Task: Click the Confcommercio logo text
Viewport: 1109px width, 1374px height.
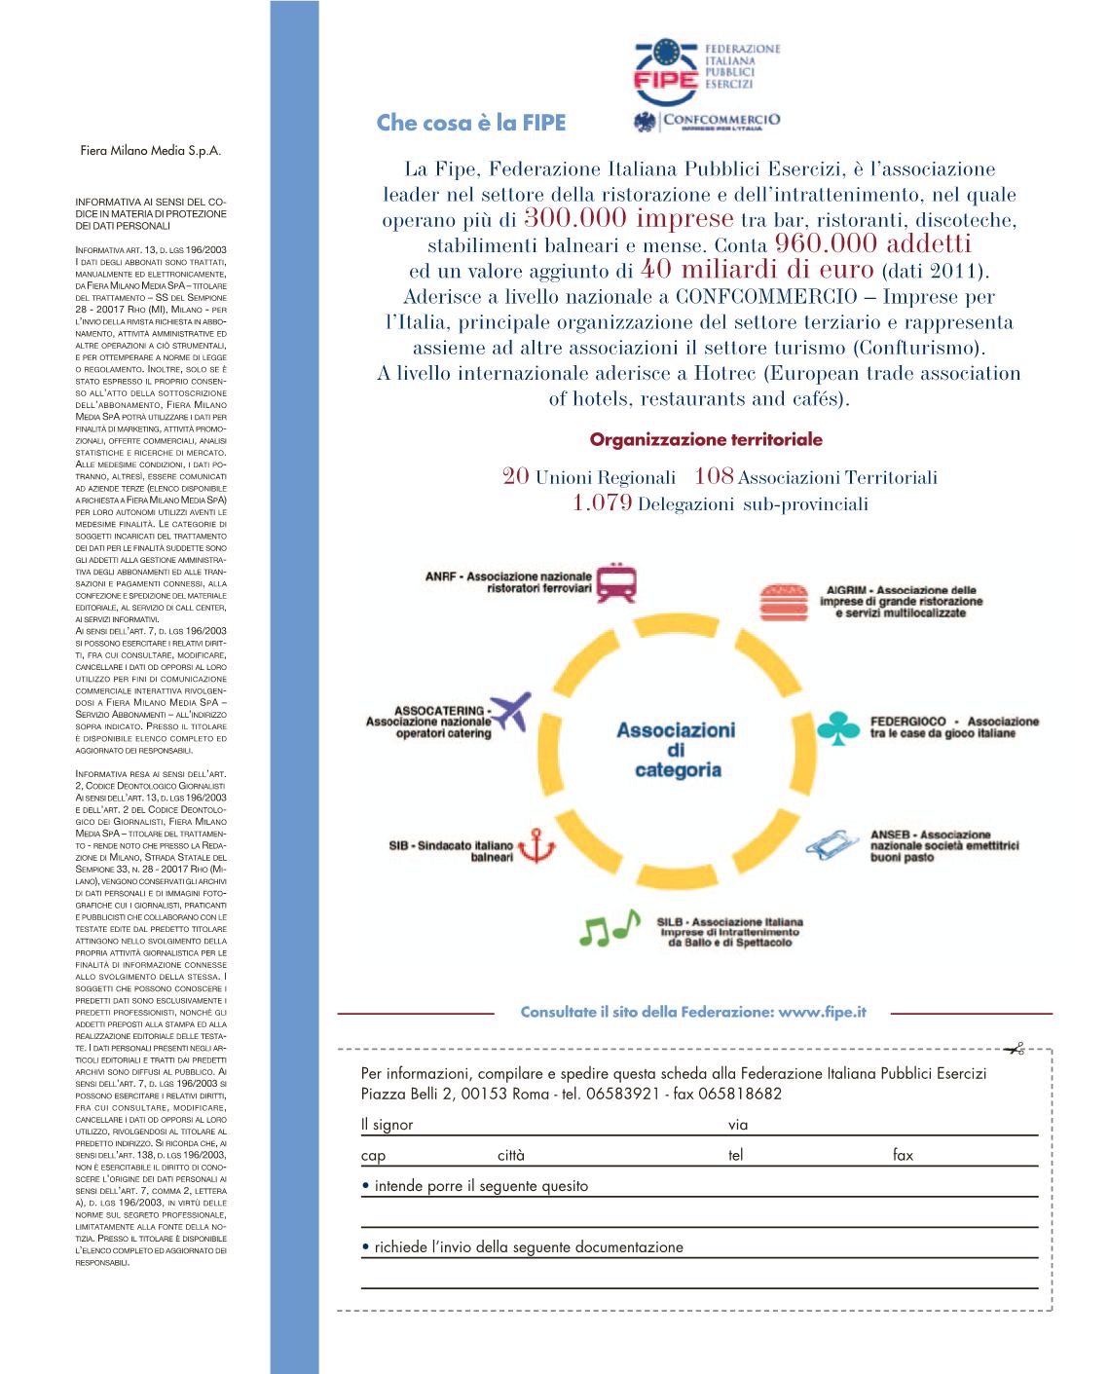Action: pyautogui.click(x=720, y=121)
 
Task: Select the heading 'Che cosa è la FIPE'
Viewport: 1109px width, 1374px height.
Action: pyautogui.click(x=471, y=123)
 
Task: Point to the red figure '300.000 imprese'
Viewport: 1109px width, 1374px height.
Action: pyautogui.click(x=628, y=218)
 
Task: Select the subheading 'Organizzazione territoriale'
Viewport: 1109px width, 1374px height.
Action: pyautogui.click(x=706, y=439)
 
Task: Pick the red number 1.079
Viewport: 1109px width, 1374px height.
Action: pyautogui.click(x=603, y=503)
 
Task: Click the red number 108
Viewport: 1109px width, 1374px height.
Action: pyautogui.click(x=714, y=476)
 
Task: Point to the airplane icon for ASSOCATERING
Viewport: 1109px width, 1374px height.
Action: pyautogui.click(x=510, y=712)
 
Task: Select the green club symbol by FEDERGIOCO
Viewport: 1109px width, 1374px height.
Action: pyautogui.click(x=838, y=727)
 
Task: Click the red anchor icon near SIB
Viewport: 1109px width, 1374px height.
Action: pyautogui.click(x=536, y=846)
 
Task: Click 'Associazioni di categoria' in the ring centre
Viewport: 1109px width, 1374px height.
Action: pyautogui.click(x=677, y=750)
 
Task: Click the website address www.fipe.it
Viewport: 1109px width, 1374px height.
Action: pyautogui.click(x=823, y=1012)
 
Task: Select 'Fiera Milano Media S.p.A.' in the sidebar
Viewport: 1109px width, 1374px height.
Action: pyautogui.click(x=150, y=151)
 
